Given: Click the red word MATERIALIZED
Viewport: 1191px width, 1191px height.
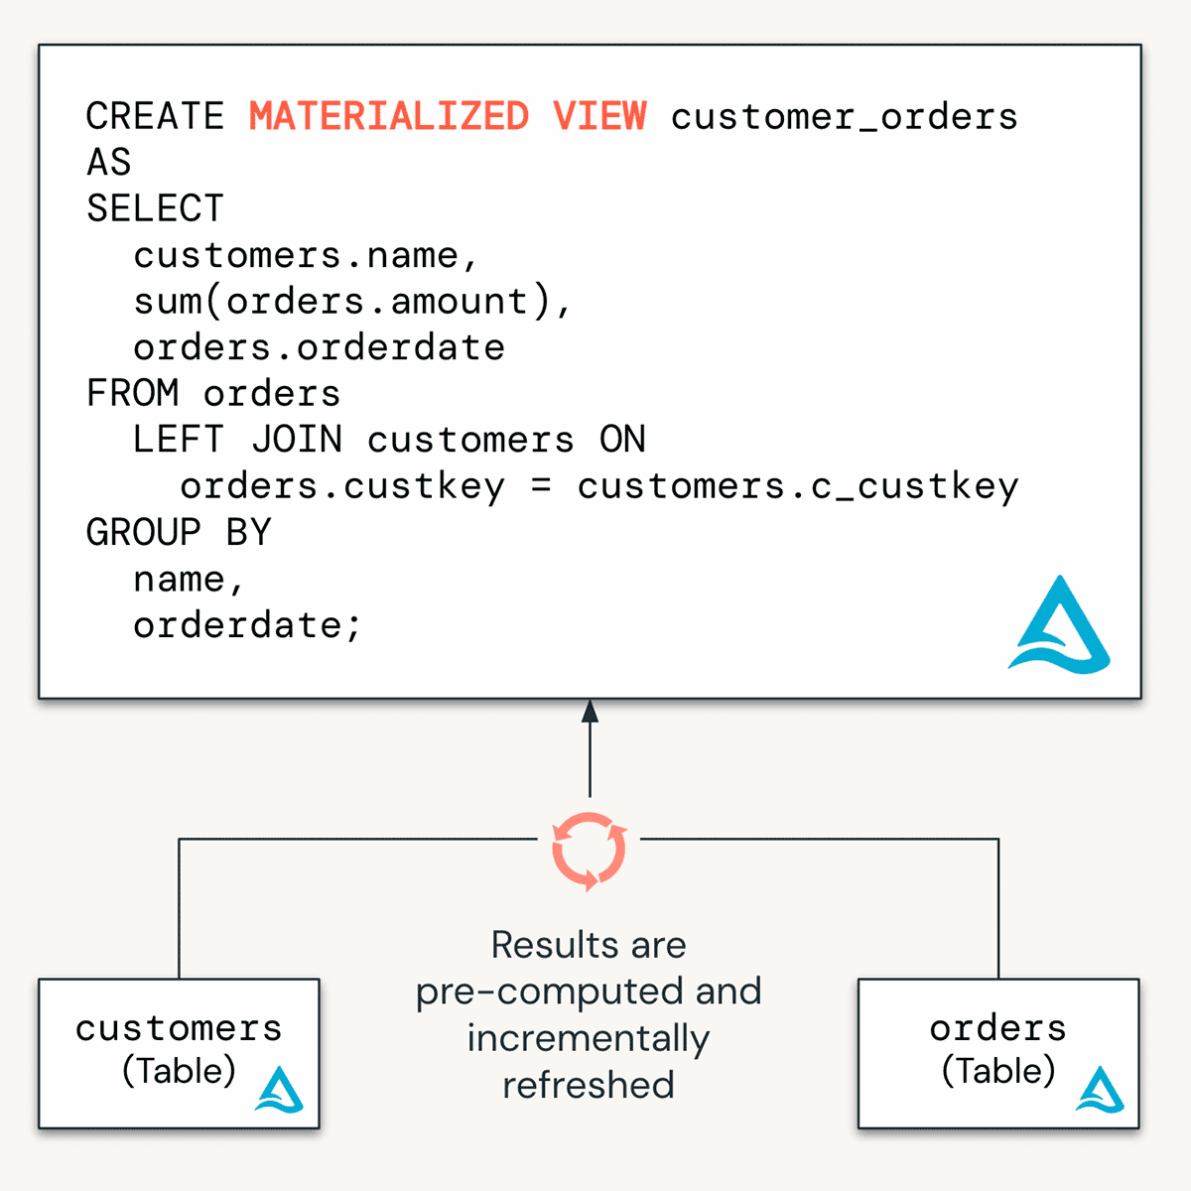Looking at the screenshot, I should (x=388, y=116).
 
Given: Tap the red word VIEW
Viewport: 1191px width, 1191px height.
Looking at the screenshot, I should (x=599, y=116).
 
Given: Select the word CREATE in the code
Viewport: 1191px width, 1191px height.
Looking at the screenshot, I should (x=155, y=116).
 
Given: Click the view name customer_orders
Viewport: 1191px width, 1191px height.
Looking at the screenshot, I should (x=844, y=117).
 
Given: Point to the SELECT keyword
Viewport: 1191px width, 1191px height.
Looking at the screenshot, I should (x=155, y=208).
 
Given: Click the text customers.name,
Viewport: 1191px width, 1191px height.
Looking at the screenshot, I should (x=306, y=255).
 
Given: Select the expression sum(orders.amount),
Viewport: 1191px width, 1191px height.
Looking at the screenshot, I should (x=352, y=301).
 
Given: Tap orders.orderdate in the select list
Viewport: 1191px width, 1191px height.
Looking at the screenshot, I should (x=319, y=347).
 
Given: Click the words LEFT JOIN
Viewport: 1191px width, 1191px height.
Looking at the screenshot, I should (x=237, y=439).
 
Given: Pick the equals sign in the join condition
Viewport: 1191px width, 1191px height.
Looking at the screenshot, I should (x=541, y=486).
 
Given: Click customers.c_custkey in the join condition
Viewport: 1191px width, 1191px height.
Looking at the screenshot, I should (x=798, y=486).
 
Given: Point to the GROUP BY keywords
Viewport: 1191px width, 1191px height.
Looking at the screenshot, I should (x=179, y=533).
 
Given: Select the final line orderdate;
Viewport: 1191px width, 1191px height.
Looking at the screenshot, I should (x=247, y=625).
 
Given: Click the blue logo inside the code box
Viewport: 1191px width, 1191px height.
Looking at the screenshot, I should (x=1060, y=627).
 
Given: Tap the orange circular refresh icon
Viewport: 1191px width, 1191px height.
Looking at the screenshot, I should (x=589, y=851).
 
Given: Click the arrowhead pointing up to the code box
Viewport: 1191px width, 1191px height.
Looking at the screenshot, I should (x=590, y=711).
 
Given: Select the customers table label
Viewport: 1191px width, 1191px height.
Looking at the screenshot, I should (x=179, y=1028).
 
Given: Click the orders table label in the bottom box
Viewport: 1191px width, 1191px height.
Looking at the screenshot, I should (x=997, y=1028).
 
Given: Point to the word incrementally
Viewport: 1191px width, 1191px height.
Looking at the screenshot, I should (x=589, y=1038).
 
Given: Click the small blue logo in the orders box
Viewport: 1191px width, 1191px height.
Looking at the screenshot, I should (x=1100, y=1090).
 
